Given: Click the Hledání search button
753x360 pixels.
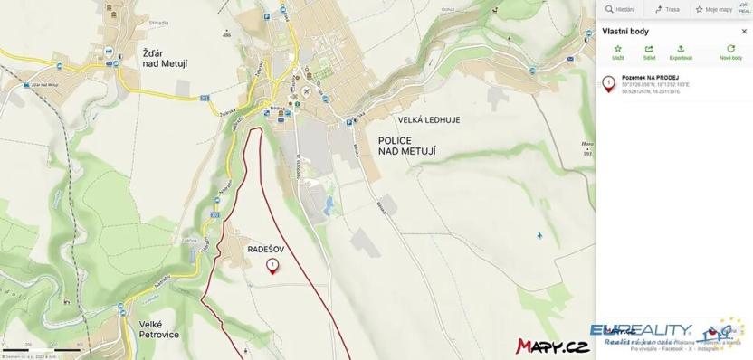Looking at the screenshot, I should click(620, 9).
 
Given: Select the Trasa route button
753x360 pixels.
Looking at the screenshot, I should click(668, 9).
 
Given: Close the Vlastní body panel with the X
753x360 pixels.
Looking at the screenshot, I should click(744, 31).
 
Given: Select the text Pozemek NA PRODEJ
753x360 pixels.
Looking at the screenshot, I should click(650, 78).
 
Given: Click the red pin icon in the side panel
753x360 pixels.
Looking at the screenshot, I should click(609, 84).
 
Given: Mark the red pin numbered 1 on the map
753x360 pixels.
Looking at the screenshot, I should click(272, 265).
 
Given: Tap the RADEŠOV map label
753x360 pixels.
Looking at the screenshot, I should click(266, 245).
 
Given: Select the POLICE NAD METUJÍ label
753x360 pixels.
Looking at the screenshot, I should click(390, 147).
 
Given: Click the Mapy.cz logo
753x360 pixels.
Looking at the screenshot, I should click(552, 346).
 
